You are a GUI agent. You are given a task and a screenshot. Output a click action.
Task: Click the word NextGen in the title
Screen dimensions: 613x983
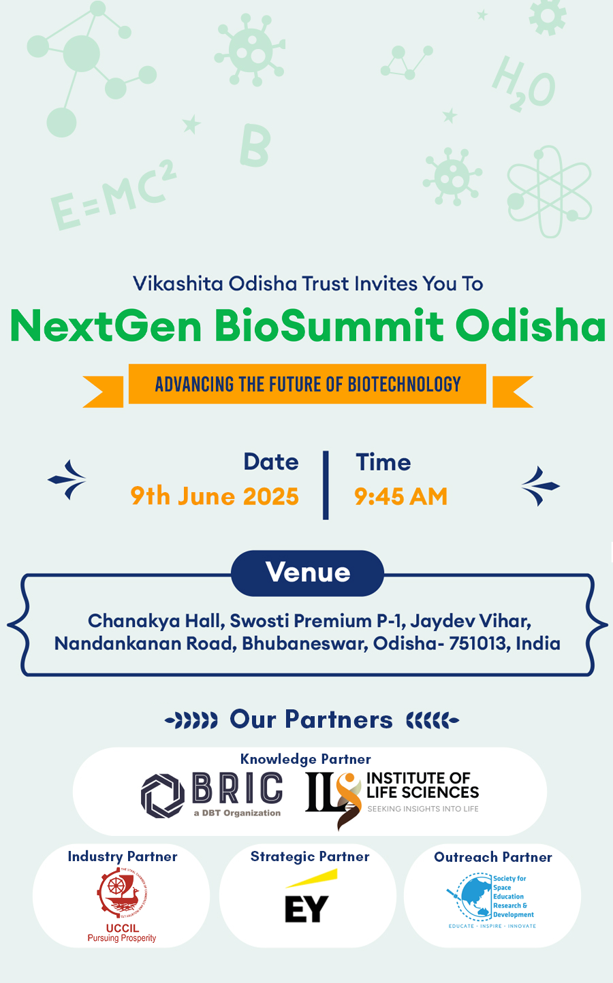click(106, 325)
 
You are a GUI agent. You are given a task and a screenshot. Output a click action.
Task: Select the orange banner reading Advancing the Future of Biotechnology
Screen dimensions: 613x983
click(307, 384)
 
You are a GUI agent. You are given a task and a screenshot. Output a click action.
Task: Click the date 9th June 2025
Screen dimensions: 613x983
click(215, 496)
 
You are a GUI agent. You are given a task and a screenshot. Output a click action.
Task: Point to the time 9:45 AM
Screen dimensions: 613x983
click(401, 496)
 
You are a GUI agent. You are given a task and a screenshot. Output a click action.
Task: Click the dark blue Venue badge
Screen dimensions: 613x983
click(307, 573)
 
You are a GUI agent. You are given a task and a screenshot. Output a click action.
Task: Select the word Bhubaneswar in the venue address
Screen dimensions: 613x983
click(304, 643)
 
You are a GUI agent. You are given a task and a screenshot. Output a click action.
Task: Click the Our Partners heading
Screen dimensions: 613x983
click(311, 720)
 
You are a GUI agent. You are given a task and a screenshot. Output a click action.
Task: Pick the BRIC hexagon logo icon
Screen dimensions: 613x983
click(163, 796)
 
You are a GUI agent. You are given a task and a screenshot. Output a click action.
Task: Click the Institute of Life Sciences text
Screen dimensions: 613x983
click(422, 785)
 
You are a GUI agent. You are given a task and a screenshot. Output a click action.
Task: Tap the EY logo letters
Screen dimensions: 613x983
click(306, 909)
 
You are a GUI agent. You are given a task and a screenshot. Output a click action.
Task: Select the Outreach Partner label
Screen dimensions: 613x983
click(492, 857)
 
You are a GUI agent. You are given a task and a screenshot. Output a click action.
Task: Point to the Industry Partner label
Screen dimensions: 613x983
click(123, 856)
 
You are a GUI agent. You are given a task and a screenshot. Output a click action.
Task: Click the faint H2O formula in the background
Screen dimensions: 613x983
click(524, 84)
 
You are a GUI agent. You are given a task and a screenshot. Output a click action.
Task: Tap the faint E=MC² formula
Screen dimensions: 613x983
click(114, 195)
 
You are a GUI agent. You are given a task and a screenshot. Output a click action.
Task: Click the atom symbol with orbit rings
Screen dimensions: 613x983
click(550, 191)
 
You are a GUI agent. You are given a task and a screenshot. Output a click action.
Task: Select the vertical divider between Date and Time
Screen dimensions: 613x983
click(326, 485)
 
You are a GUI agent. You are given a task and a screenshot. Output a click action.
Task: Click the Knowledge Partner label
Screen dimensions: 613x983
click(306, 759)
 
